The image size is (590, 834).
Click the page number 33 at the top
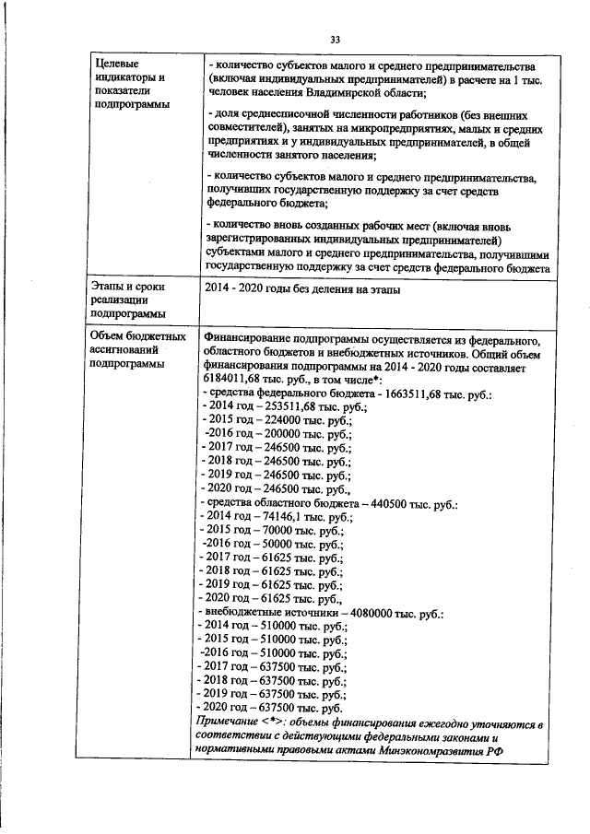click(335, 38)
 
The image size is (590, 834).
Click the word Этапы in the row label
click(109, 288)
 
